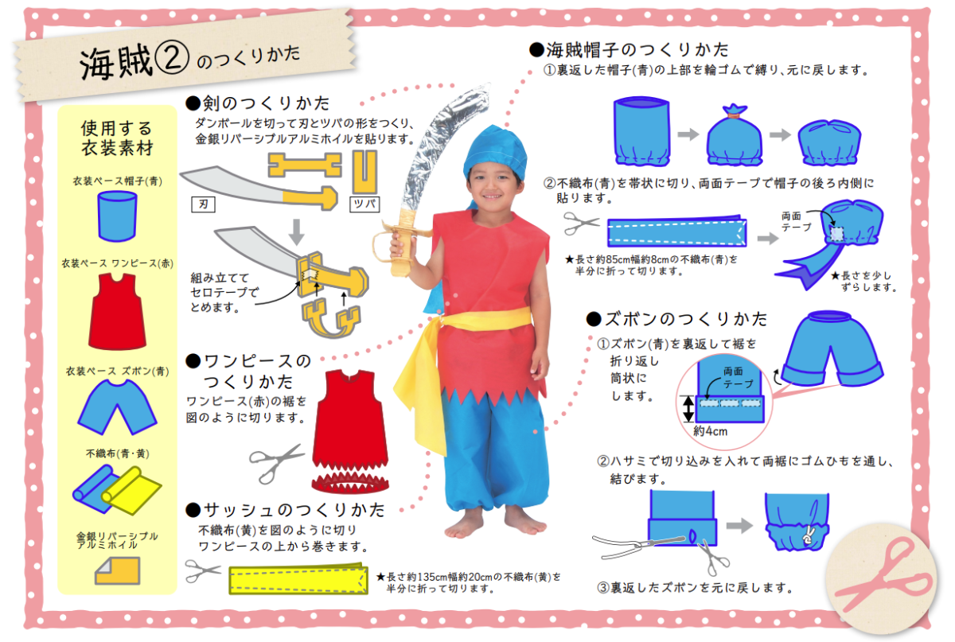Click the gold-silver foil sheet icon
coord(116,570)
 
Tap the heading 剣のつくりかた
coord(257,103)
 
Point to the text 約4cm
coord(710,431)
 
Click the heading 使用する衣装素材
coord(116,137)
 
